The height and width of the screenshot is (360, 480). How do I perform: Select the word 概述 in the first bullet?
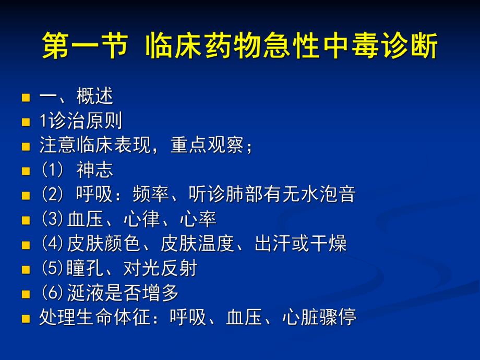click(x=94, y=97)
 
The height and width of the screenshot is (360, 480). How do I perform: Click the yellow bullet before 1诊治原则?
click(x=26, y=122)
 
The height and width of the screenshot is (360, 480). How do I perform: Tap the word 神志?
click(x=94, y=170)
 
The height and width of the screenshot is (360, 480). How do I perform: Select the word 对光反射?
click(x=160, y=268)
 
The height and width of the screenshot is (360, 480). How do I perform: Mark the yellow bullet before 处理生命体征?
click(x=26, y=318)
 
